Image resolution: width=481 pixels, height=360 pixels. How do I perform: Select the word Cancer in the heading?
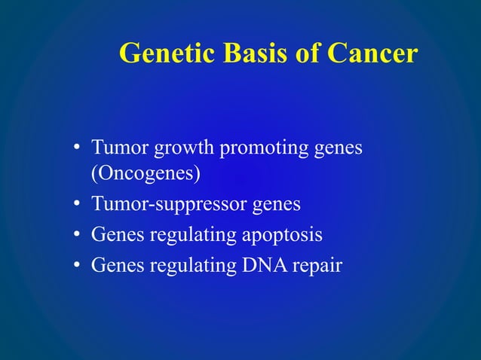click(x=372, y=53)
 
